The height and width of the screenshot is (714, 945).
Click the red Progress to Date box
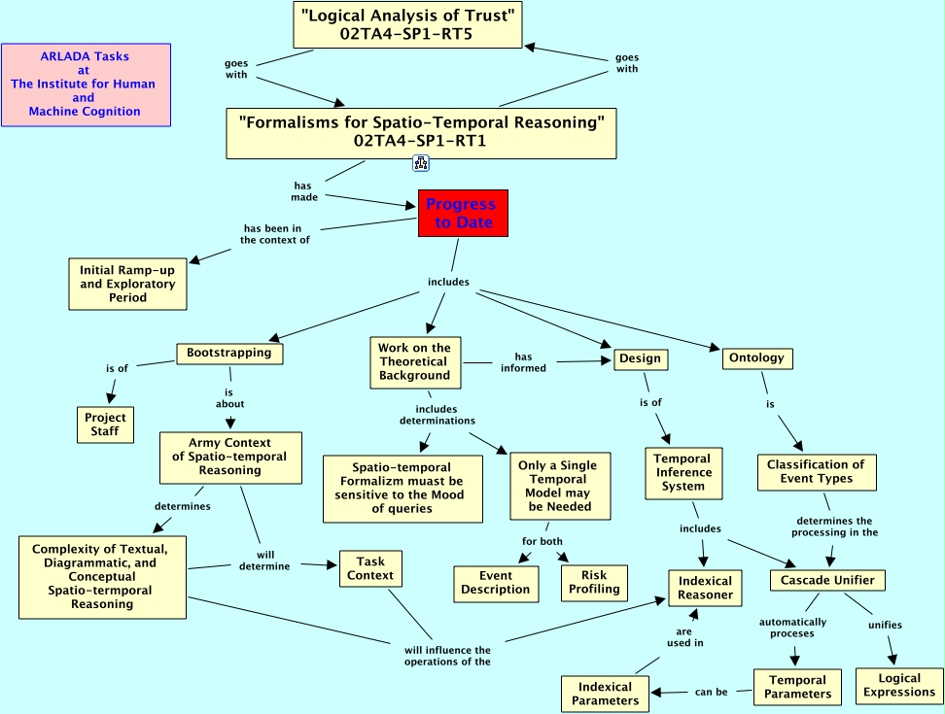click(463, 213)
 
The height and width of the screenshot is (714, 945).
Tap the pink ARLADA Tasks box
click(86, 85)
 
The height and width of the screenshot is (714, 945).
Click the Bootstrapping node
click(229, 354)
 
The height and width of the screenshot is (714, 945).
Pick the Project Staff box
click(105, 425)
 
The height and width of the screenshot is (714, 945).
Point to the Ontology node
click(757, 358)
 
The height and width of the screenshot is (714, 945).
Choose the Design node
click(640, 359)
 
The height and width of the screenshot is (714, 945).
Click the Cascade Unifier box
click(827, 580)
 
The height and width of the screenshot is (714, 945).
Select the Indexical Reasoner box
click(706, 588)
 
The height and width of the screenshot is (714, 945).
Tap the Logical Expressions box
click(899, 686)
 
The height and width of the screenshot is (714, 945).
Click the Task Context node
click(370, 568)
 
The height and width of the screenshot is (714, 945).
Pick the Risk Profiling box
click(594, 582)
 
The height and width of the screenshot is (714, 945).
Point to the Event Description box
click(496, 583)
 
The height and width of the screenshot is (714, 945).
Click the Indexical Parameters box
click(605, 694)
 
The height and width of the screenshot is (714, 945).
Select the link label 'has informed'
click(523, 362)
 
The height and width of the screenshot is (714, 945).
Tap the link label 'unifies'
click(885, 625)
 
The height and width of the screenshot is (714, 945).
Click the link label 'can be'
click(711, 693)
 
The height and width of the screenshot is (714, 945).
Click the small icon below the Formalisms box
click(421, 163)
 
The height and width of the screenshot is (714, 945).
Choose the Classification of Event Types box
click(816, 472)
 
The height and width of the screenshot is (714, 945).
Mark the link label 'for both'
click(542, 540)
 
